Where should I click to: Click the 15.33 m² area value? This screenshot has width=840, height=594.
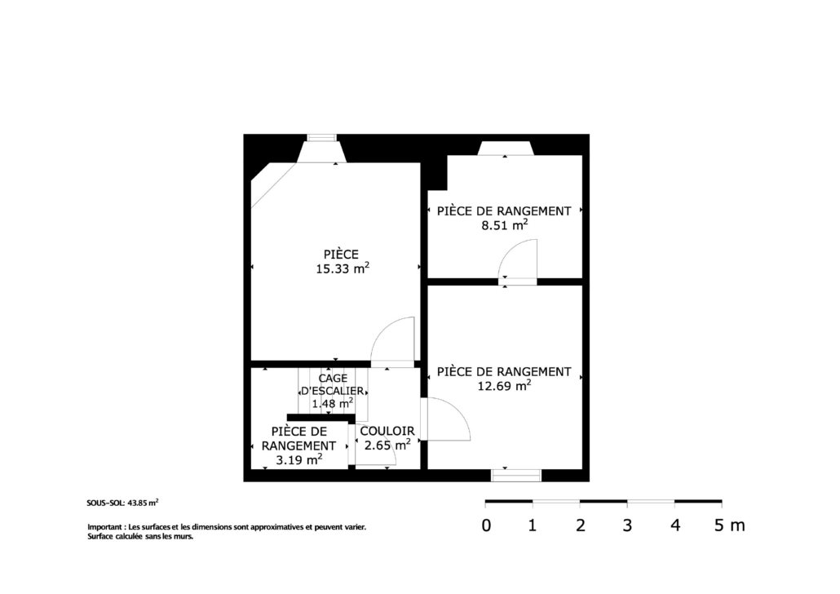[x=343, y=268]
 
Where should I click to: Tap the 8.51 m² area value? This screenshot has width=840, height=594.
[x=504, y=224]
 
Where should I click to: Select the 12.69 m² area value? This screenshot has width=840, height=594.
[x=504, y=385]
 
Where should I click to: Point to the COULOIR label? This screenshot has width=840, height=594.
[x=387, y=431]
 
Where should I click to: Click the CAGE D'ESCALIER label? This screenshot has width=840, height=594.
[x=332, y=384]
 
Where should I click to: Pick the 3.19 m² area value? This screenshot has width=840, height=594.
[x=299, y=459]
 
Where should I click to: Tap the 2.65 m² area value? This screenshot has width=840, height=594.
[x=387, y=445]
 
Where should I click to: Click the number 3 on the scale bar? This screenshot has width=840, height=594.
[x=627, y=525]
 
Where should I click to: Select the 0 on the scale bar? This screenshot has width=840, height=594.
[x=486, y=525]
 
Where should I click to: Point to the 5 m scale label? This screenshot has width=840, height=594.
[x=729, y=525]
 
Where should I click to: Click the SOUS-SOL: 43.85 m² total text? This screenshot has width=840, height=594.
[x=122, y=503]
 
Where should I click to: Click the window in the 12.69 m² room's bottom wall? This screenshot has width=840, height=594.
[x=516, y=475]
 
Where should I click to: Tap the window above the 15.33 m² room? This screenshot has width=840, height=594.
[x=321, y=138]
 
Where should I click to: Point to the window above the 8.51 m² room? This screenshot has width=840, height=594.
[x=505, y=148]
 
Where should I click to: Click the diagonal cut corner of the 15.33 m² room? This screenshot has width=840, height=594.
[x=274, y=185]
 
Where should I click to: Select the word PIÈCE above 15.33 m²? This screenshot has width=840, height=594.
[x=341, y=254]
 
